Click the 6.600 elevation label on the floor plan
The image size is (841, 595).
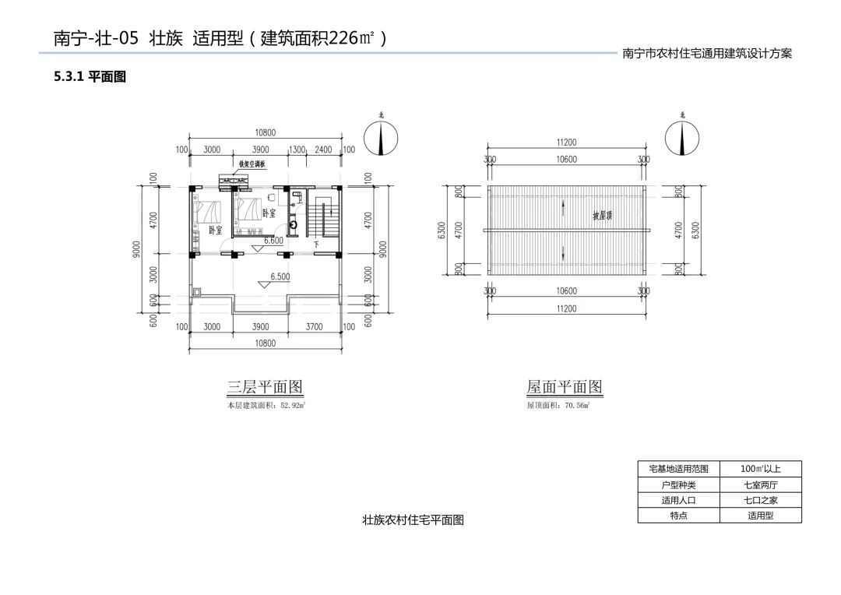coord(273,241)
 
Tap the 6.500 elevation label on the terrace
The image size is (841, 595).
coord(280,276)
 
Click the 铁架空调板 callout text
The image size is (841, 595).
coord(252,164)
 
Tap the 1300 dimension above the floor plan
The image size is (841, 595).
coord(298,150)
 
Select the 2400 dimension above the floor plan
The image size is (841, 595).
coord(323,150)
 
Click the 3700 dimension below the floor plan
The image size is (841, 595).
coord(315,327)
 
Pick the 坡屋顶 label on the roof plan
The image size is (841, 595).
coord(602,216)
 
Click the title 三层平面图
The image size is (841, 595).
coord(264,387)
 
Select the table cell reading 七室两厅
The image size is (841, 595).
coord(760,484)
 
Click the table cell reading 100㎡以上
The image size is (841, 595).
coord(760,469)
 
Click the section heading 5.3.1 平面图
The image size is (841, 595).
coord(90,76)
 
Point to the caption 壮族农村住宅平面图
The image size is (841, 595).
coord(413,520)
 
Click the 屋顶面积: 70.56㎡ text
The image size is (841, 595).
coord(558,406)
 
